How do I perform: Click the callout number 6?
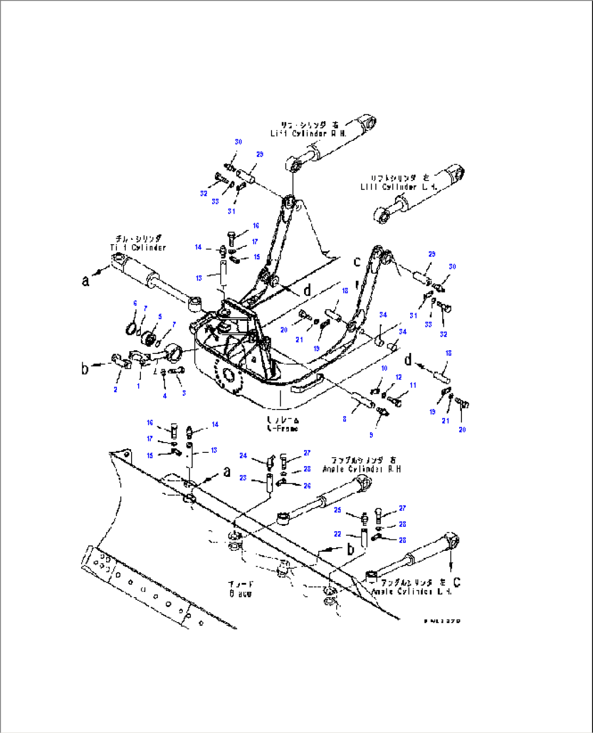135,303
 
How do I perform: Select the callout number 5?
160,316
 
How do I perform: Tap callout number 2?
115,389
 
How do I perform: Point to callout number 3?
184,393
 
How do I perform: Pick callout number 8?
344,419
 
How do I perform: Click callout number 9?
372,435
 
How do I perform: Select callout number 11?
413,385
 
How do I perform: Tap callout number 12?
399,377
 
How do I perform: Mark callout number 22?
337,534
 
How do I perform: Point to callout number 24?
243,456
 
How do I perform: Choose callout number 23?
243,478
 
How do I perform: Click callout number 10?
384,368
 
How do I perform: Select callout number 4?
165,396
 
